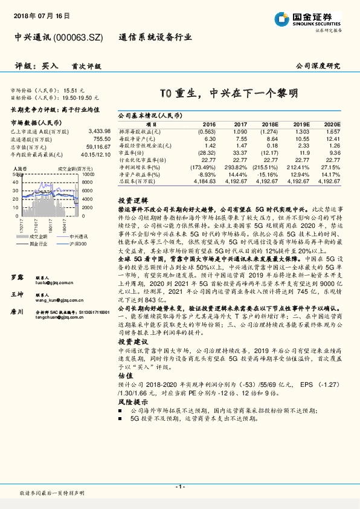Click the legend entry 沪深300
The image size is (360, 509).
[77, 244]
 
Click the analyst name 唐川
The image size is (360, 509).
[18, 311]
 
